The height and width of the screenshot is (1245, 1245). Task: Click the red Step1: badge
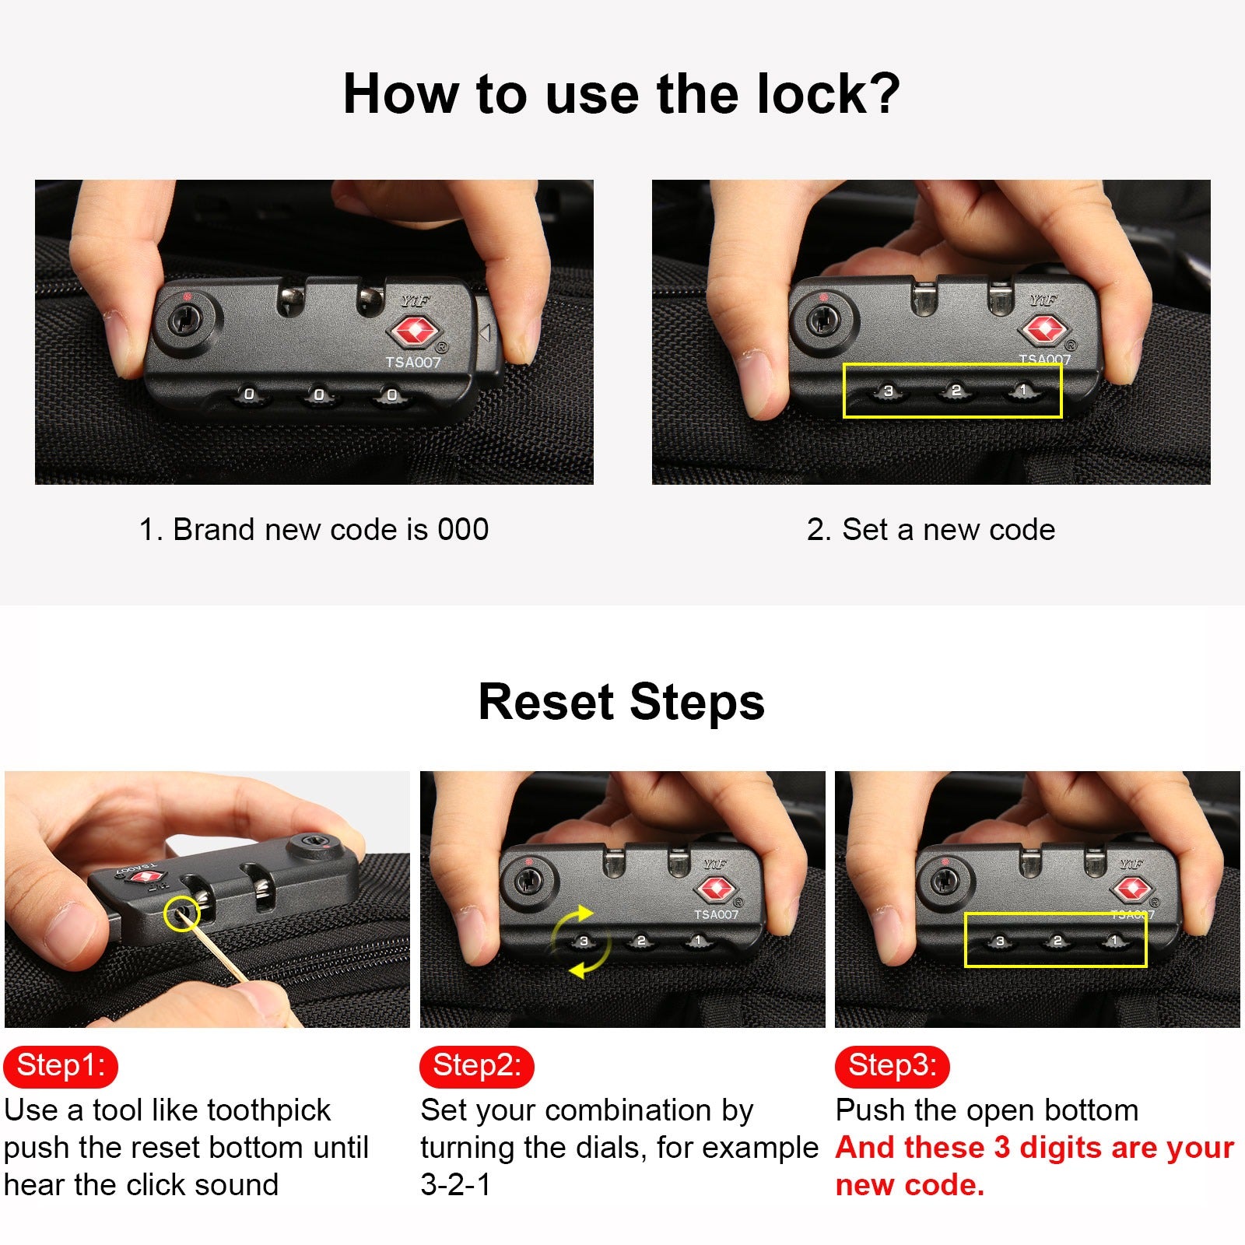pyautogui.click(x=61, y=1066)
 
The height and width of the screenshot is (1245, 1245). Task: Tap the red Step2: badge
pyautogui.click(x=477, y=1066)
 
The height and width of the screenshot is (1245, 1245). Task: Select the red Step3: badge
pyautogui.click(x=893, y=1066)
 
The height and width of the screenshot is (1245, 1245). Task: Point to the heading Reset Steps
pyautogui.click(x=622, y=701)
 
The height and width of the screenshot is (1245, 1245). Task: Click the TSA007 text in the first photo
pyautogui.click(x=413, y=362)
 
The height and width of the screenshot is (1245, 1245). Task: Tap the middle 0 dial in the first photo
pyautogui.click(x=319, y=395)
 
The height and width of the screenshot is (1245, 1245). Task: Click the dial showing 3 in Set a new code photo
pyautogui.click(x=888, y=391)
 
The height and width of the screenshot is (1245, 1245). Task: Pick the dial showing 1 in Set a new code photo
pyautogui.click(x=1022, y=391)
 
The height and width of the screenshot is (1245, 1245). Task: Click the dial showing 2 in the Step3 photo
pyautogui.click(x=1057, y=942)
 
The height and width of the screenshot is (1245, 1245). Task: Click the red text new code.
pyautogui.click(x=910, y=1185)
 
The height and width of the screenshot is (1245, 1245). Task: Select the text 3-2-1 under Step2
pyautogui.click(x=456, y=1184)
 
